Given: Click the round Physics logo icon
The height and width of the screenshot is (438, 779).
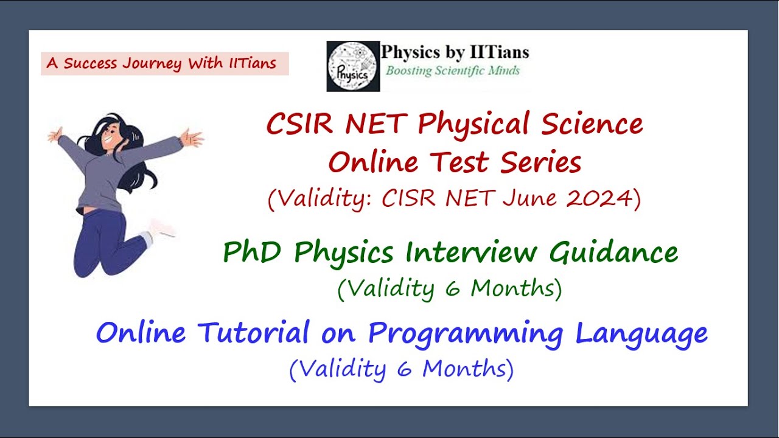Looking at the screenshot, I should (353, 66).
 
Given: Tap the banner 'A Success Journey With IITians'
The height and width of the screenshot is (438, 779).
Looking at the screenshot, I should (164, 63).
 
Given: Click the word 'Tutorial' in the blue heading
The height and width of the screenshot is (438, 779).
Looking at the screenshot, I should (259, 333).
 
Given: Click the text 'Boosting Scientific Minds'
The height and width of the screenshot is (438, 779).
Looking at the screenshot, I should (453, 71).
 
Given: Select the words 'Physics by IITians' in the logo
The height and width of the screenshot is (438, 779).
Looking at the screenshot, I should (455, 52).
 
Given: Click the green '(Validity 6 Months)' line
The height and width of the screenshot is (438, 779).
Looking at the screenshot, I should (450, 288).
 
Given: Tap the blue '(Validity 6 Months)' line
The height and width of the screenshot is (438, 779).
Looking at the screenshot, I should (402, 369).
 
